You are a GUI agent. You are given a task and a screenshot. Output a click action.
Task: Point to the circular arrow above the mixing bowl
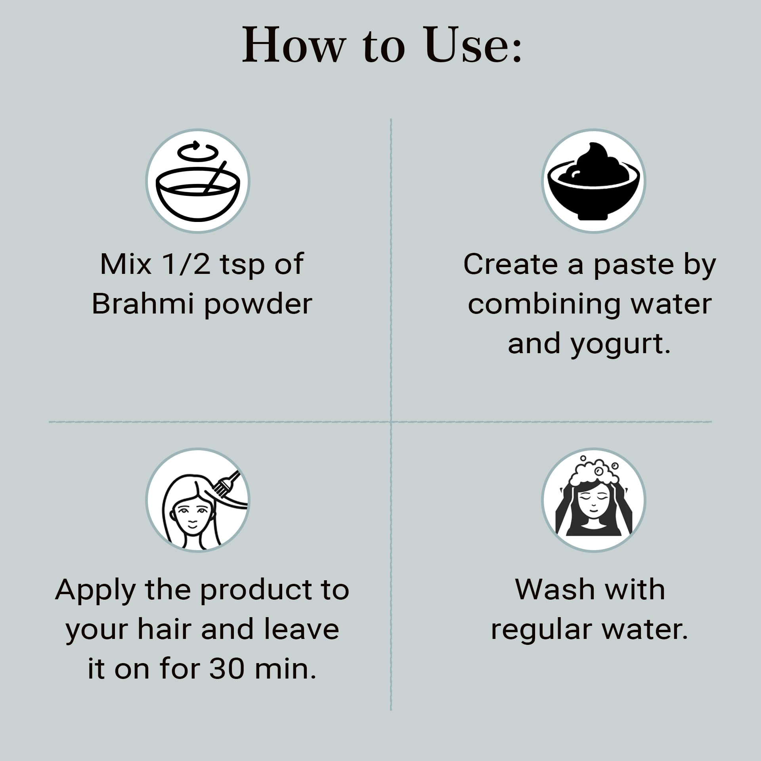pyautogui.click(x=198, y=151)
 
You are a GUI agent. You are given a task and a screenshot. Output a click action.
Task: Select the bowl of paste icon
pyautogui.click(x=593, y=181)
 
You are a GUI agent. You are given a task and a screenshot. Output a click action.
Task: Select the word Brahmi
pyautogui.click(x=143, y=304)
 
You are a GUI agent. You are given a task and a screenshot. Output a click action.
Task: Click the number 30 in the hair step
pyautogui.click(x=226, y=669)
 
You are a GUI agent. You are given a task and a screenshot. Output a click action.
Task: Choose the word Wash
pyautogui.click(x=554, y=590)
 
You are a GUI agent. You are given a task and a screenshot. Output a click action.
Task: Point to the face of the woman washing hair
pyautogui.click(x=593, y=503)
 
